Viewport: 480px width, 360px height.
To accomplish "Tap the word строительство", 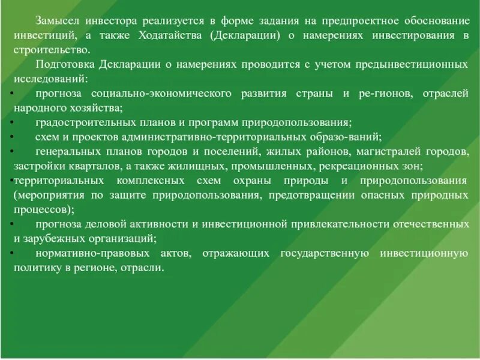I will click(x=52, y=50).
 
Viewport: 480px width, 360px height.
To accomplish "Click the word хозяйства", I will click(x=99, y=108).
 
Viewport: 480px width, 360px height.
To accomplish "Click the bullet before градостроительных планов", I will click(x=13, y=123).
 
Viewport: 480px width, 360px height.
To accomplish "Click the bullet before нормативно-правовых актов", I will click(x=13, y=253).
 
